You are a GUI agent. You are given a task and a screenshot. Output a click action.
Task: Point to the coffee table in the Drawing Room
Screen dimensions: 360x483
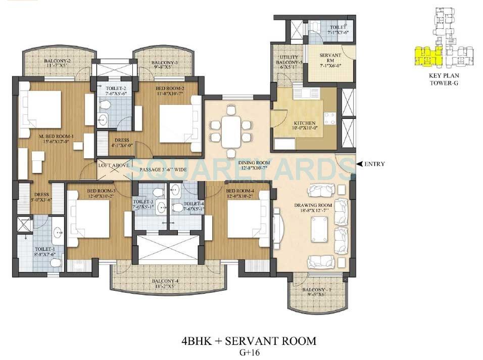(x=318, y=228)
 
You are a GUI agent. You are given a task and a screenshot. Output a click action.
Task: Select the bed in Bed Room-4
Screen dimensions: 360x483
(x=246, y=218)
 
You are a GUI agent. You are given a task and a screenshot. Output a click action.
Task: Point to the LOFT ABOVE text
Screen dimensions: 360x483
(x=113, y=165)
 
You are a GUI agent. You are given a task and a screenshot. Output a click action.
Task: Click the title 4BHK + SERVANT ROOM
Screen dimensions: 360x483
(x=249, y=341)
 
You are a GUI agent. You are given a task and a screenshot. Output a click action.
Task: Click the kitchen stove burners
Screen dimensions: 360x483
(x=329, y=118)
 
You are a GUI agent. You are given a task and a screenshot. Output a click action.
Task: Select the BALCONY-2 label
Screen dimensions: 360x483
(x=56, y=63)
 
